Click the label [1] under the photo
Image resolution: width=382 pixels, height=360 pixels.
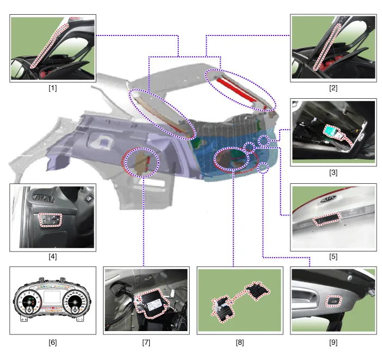tap(53, 88)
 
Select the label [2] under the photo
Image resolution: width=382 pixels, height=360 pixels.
tap(333, 88)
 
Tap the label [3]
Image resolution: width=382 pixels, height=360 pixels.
tap(333, 172)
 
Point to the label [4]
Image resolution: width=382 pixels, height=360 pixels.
tap(53, 256)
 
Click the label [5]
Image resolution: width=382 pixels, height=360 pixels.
tap(333, 256)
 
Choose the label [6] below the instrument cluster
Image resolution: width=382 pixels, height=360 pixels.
tap(53, 343)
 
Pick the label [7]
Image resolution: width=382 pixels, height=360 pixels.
tap(146, 343)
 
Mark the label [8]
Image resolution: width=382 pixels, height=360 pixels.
tap(240, 343)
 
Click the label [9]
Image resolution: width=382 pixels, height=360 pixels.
tap(333, 343)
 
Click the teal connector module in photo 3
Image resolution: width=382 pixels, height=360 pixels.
tap(331, 131)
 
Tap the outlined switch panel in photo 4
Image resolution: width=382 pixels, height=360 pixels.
tap(51, 219)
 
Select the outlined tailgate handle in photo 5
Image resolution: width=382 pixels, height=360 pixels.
tap(326, 219)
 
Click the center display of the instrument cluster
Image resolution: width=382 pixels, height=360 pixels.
tap(52, 297)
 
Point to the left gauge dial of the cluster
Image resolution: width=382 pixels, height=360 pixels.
tap(29, 302)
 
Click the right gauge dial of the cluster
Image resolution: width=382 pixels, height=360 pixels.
tap(75, 302)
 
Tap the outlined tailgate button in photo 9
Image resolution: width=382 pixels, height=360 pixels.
tap(334, 302)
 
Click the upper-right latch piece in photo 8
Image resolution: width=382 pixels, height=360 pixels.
tap(258, 290)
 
